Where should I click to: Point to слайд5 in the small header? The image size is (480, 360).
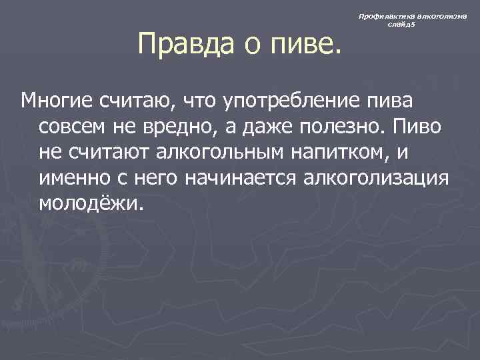pos(402,25)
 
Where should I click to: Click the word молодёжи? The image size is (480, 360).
pos(91,202)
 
